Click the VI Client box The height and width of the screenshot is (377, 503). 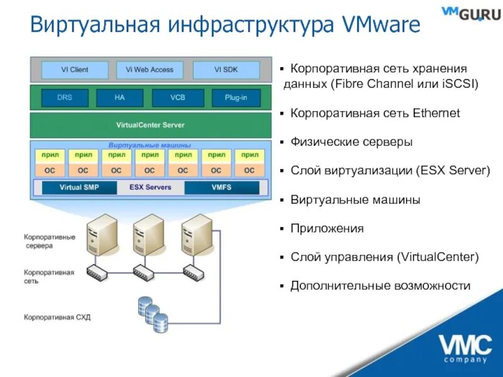pos(74,70)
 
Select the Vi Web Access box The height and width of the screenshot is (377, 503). pos(149,70)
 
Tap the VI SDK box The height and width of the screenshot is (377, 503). pos(226,70)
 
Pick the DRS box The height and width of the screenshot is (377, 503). pos(64,98)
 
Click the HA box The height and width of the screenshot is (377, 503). pos(119,98)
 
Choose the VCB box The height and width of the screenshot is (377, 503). pos(177,98)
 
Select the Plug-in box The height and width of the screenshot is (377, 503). pos(235,98)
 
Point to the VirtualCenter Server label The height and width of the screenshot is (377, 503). pos(150,125)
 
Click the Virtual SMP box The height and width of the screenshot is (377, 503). pos(79,187)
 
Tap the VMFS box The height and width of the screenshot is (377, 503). pos(221,187)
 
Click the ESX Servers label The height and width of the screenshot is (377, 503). pos(150,187)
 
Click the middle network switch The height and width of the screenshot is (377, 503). pos(145,271)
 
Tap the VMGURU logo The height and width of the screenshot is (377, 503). pos(471,13)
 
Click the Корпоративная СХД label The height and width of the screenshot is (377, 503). pos(57,317)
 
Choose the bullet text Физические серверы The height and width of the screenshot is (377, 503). pos(351,142)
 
